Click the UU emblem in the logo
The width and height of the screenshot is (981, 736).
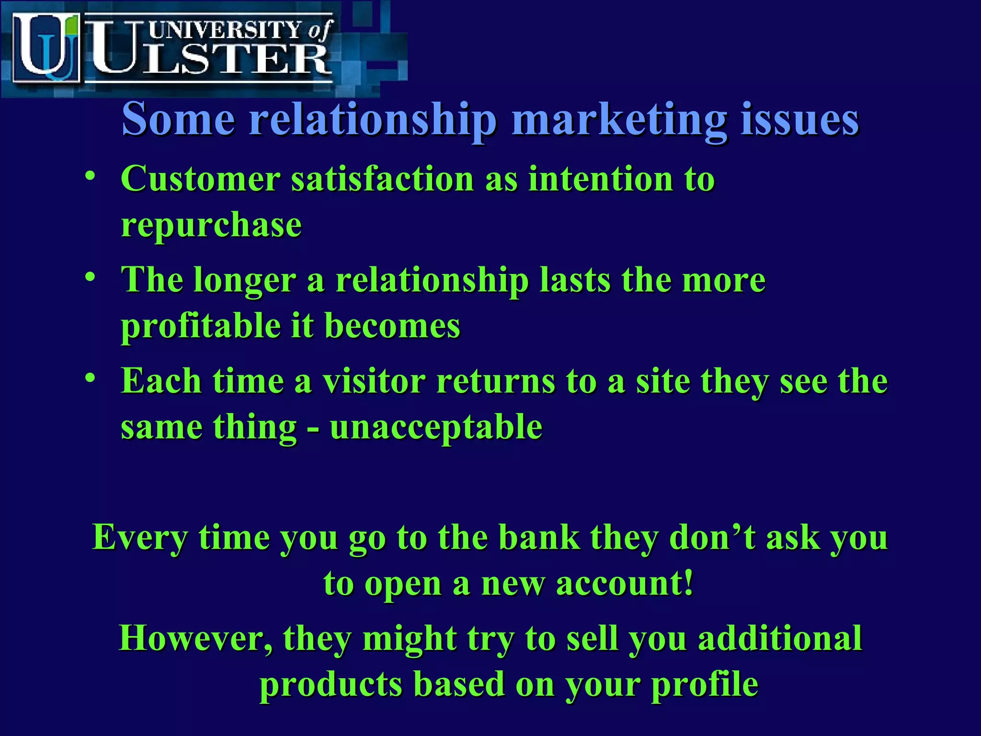click(x=46, y=48)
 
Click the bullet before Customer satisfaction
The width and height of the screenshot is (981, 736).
click(x=90, y=176)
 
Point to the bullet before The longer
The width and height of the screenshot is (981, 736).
click(x=90, y=277)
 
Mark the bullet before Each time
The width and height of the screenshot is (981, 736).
click(x=90, y=379)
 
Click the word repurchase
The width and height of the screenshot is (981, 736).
click(x=211, y=225)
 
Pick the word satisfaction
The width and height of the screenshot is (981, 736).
click(x=383, y=179)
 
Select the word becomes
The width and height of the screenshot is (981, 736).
click(x=392, y=326)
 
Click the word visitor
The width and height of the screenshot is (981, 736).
click(x=374, y=381)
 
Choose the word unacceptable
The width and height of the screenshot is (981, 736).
click(x=436, y=427)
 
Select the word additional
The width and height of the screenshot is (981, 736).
click(x=780, y=638)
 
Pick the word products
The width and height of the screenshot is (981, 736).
click(x=331, y=685)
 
